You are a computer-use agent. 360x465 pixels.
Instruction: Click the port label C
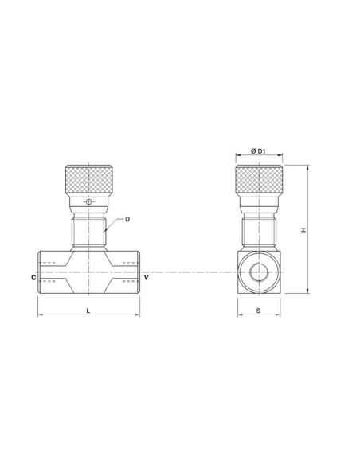point(33,277)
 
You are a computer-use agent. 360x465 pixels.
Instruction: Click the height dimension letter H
point(303,230)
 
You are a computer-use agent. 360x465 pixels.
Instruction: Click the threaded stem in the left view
point(89,231)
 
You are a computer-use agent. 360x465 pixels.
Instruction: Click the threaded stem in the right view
point(259,231)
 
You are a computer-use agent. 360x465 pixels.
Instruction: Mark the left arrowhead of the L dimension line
point(40,317)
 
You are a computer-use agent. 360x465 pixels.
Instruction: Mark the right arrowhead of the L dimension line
point(139,317)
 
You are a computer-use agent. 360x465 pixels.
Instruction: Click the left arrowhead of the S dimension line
point(240,317)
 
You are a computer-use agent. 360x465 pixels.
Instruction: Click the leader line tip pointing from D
point(105,232)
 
